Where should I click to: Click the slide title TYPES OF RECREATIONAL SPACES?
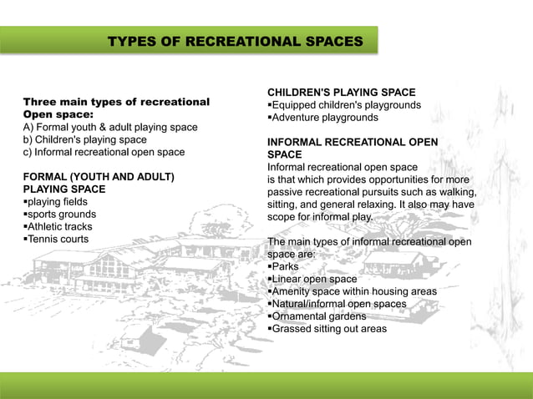(236, 41)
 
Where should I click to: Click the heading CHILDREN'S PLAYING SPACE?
(341, 92)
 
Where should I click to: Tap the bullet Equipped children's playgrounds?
(343, 105)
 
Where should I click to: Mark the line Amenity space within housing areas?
(352, 291)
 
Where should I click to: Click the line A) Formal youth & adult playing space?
(110, 128)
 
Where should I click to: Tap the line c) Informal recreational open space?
(104, 153)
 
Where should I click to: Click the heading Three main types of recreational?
(116, 102)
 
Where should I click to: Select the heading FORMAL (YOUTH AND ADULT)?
(99, 177)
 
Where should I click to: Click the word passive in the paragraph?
(285, 192)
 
